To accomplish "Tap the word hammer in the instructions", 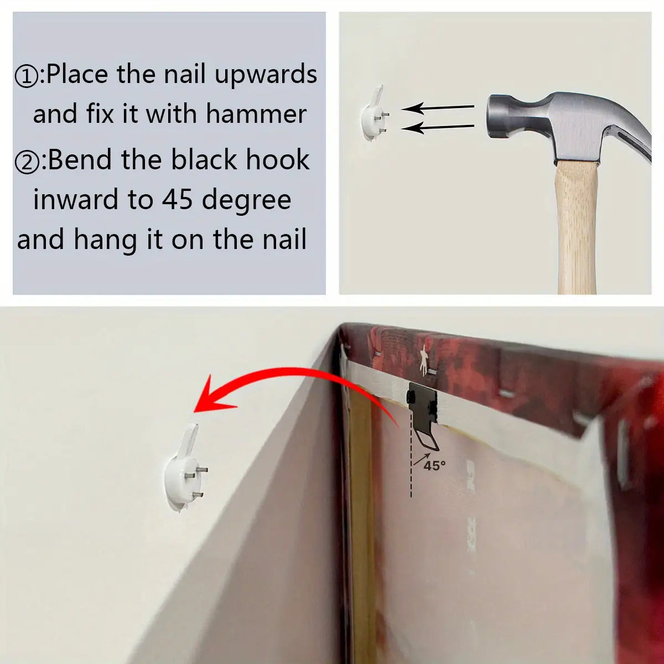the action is click(256, 113).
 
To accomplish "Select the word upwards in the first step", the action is click(266, 75).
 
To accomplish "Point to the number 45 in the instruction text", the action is click(177, 200).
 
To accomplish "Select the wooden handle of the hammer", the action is click(577, 227).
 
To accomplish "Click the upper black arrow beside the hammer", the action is click(438, 108).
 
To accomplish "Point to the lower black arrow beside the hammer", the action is click(438, 128).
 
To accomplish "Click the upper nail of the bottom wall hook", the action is click(201, 469).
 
